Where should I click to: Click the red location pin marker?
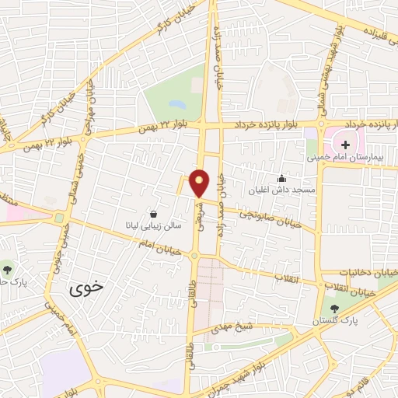200,182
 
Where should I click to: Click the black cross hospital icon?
345,145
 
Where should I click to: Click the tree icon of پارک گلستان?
334,309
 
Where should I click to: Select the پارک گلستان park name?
334,320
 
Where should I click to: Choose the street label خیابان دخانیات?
368,273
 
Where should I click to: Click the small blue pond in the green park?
177,103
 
